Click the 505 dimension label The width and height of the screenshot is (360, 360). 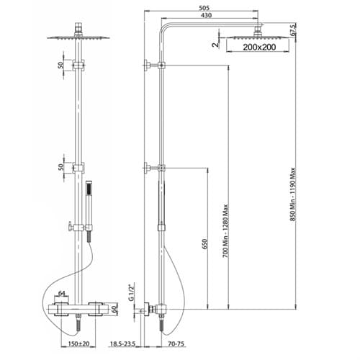click(204, 8)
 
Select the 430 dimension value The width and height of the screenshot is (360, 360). click(206, 15)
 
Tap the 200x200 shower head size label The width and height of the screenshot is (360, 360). click(259, 47)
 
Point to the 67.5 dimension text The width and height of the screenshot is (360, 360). click(294, 30)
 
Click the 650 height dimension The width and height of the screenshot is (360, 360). click(204, 244)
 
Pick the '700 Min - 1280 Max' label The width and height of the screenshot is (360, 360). click(225, 231)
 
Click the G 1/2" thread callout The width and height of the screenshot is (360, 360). click(131, 292)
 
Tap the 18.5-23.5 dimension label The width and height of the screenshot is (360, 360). click(122, 344)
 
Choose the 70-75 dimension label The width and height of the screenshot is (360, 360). click(176, 344)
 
